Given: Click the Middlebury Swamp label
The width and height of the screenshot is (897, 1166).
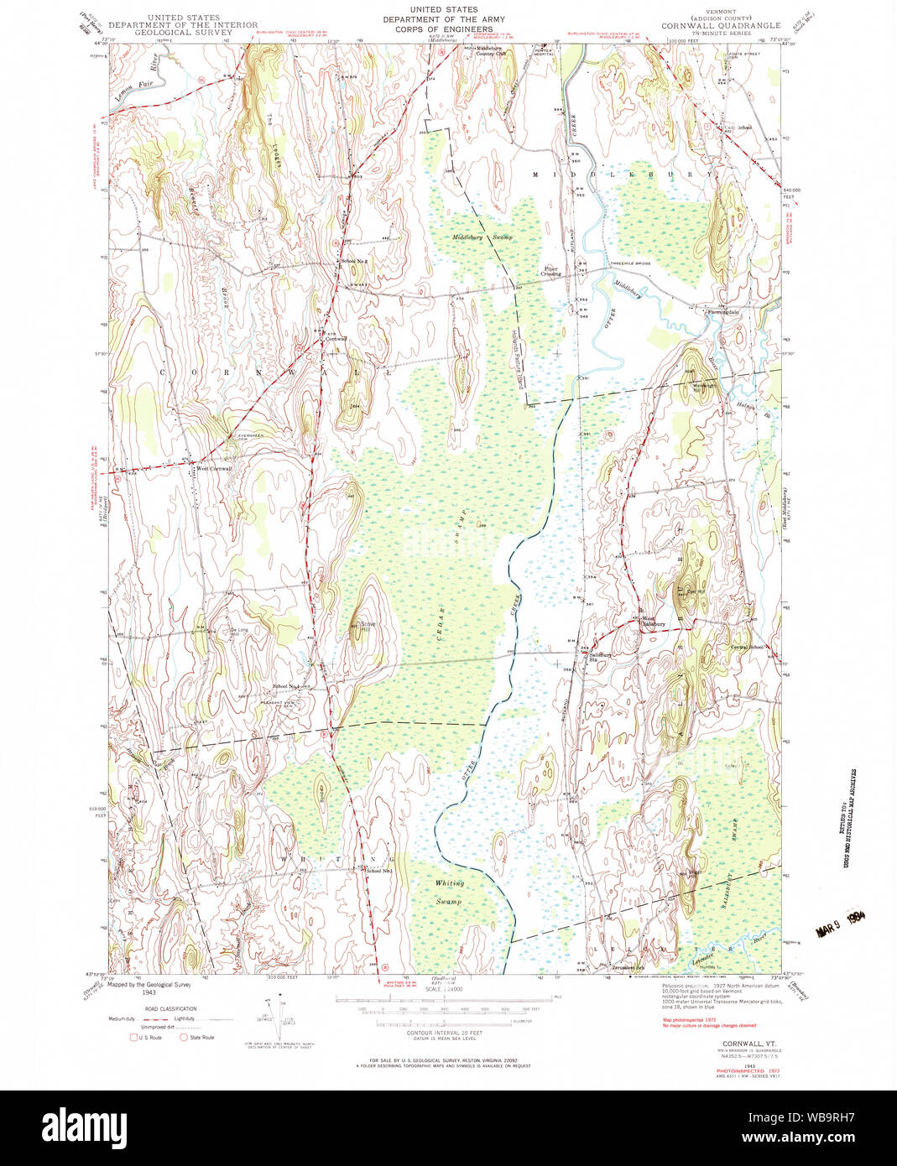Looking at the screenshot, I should coord(482,237).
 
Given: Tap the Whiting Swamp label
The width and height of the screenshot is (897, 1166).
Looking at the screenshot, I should coord(449,892).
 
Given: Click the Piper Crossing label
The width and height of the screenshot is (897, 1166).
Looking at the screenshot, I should coord(550,272).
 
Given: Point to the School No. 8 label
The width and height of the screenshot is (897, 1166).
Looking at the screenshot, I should coord(355,261).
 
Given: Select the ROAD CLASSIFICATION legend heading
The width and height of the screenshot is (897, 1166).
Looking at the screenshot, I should coord(170,1008).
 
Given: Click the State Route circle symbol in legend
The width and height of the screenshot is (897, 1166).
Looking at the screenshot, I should coord(184,1037).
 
